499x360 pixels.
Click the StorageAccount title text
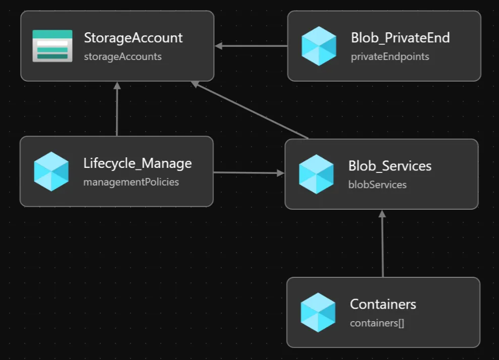(133, 38)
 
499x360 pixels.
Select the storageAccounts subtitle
(122, 56)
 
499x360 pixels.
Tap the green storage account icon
(52, 46)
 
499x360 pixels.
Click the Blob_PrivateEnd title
(400, 38)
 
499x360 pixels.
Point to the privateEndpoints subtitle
(390, 56)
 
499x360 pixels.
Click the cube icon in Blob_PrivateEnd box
(319, 46)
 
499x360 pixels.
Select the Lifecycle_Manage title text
(137, 163)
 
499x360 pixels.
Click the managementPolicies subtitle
(131, 182)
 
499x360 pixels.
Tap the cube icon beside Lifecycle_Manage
(51, 171)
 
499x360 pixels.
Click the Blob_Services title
(390, 166)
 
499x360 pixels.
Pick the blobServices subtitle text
(377, 185)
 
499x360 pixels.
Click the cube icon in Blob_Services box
(316, 174)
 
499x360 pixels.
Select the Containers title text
(383, 305)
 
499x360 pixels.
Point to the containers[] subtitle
(377, 323)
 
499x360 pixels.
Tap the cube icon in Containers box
(318, 313)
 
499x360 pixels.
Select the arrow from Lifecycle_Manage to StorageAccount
(117, 109)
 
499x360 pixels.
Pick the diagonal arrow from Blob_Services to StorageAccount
(250, 110)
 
